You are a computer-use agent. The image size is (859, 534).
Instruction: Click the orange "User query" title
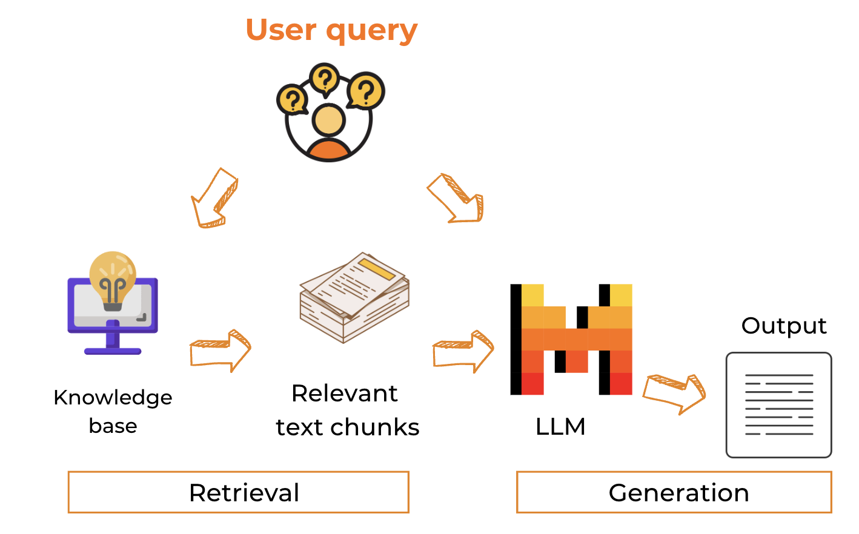pos(331,30)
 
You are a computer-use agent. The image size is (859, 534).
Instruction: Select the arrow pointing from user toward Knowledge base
pos(213,199)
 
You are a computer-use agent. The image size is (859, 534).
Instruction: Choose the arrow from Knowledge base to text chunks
pos(220,351)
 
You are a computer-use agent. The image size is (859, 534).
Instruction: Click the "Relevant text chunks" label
pos(347,410)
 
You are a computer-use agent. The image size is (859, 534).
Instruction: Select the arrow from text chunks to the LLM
pos(463,351)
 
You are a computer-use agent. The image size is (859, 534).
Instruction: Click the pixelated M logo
pos(571,340)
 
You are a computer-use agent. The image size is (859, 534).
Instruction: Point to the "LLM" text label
pos(560,427)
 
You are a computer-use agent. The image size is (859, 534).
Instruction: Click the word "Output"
pos(784,326)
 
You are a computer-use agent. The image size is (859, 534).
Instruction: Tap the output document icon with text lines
pos(779,405)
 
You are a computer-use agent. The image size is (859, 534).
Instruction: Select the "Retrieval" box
pos(239,492)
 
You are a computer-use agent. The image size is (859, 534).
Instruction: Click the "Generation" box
pos(674,492)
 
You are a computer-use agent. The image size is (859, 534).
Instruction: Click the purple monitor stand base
pos(113,351)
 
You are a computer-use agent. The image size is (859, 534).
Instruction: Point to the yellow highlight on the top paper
pos(377,269)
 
